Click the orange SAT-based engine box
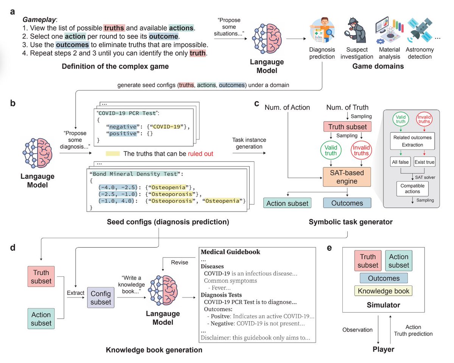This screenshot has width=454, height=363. (x=347, y=177)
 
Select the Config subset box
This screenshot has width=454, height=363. (x=101, y=298)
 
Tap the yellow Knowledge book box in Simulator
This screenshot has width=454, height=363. (x=383, y=291)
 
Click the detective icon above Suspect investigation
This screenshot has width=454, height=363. (x=356, y=31)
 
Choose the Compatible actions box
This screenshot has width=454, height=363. (x=412, y=189)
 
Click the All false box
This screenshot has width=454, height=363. (x=400, y=162)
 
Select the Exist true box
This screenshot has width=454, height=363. (x=424, y=162)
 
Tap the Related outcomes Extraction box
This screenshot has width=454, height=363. (x=412, y=141)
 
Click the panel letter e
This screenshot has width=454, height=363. (x=329, y=248)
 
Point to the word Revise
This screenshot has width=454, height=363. (x=179, y=262)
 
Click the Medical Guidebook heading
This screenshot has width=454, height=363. (x=230, y=252)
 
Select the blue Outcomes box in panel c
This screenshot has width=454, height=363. (x=347, y=203)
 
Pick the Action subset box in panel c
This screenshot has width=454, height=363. (x=287, y=203)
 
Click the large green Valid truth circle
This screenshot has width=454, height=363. (x=331, y=150)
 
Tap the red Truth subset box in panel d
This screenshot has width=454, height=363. (x=41, y=276)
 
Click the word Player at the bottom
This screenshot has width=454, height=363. (x=383, y=349)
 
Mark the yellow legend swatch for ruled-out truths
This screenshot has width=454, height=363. (x=113, y=153)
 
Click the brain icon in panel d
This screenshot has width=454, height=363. (x=163, y=290)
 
